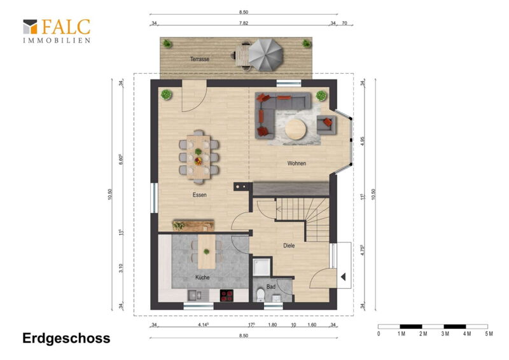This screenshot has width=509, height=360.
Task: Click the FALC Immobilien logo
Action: tap(57, 31)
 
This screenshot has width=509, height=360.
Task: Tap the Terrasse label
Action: tap(200, 59)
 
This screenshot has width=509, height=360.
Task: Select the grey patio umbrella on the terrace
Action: tap(265, 55)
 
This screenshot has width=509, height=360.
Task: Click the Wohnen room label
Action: tap(296, 163)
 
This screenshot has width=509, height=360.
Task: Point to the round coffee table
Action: tap(295, 129)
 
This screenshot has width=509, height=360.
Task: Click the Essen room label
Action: tap(200, 195)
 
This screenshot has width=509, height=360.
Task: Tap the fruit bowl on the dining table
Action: tap(198, 161)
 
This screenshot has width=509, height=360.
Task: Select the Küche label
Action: tap(202, 277)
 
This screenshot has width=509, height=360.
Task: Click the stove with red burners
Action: tap(227, 296)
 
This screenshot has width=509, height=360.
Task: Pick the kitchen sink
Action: tap(194, 295)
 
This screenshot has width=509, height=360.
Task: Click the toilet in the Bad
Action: tap(260, 295)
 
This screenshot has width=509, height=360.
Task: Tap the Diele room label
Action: tap(289, 246)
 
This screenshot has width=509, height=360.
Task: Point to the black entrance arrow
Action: tap(343, 277)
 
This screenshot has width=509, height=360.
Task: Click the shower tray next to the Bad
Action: tap(261, 267)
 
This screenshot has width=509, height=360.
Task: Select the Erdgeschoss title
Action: tap(67, 338)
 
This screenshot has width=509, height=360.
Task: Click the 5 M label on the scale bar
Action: tap(489, 334)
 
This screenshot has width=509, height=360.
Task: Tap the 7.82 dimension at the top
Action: tap(244, 23)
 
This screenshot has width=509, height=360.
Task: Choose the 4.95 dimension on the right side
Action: tap(363, 141)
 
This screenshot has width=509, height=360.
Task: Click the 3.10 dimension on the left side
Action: tap(121, 268)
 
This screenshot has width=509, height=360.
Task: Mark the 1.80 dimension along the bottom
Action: tap(272, 324)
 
